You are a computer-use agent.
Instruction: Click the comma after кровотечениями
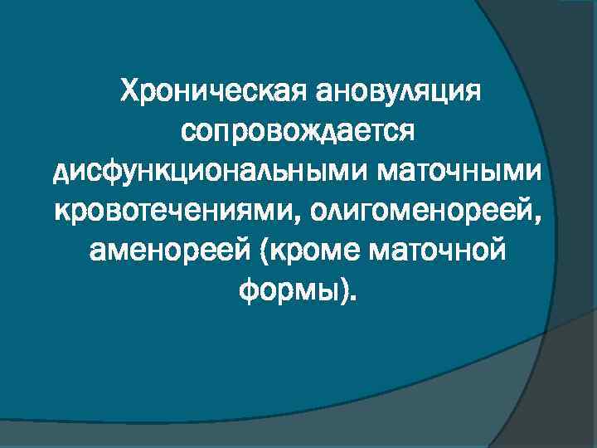coord(296,221)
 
